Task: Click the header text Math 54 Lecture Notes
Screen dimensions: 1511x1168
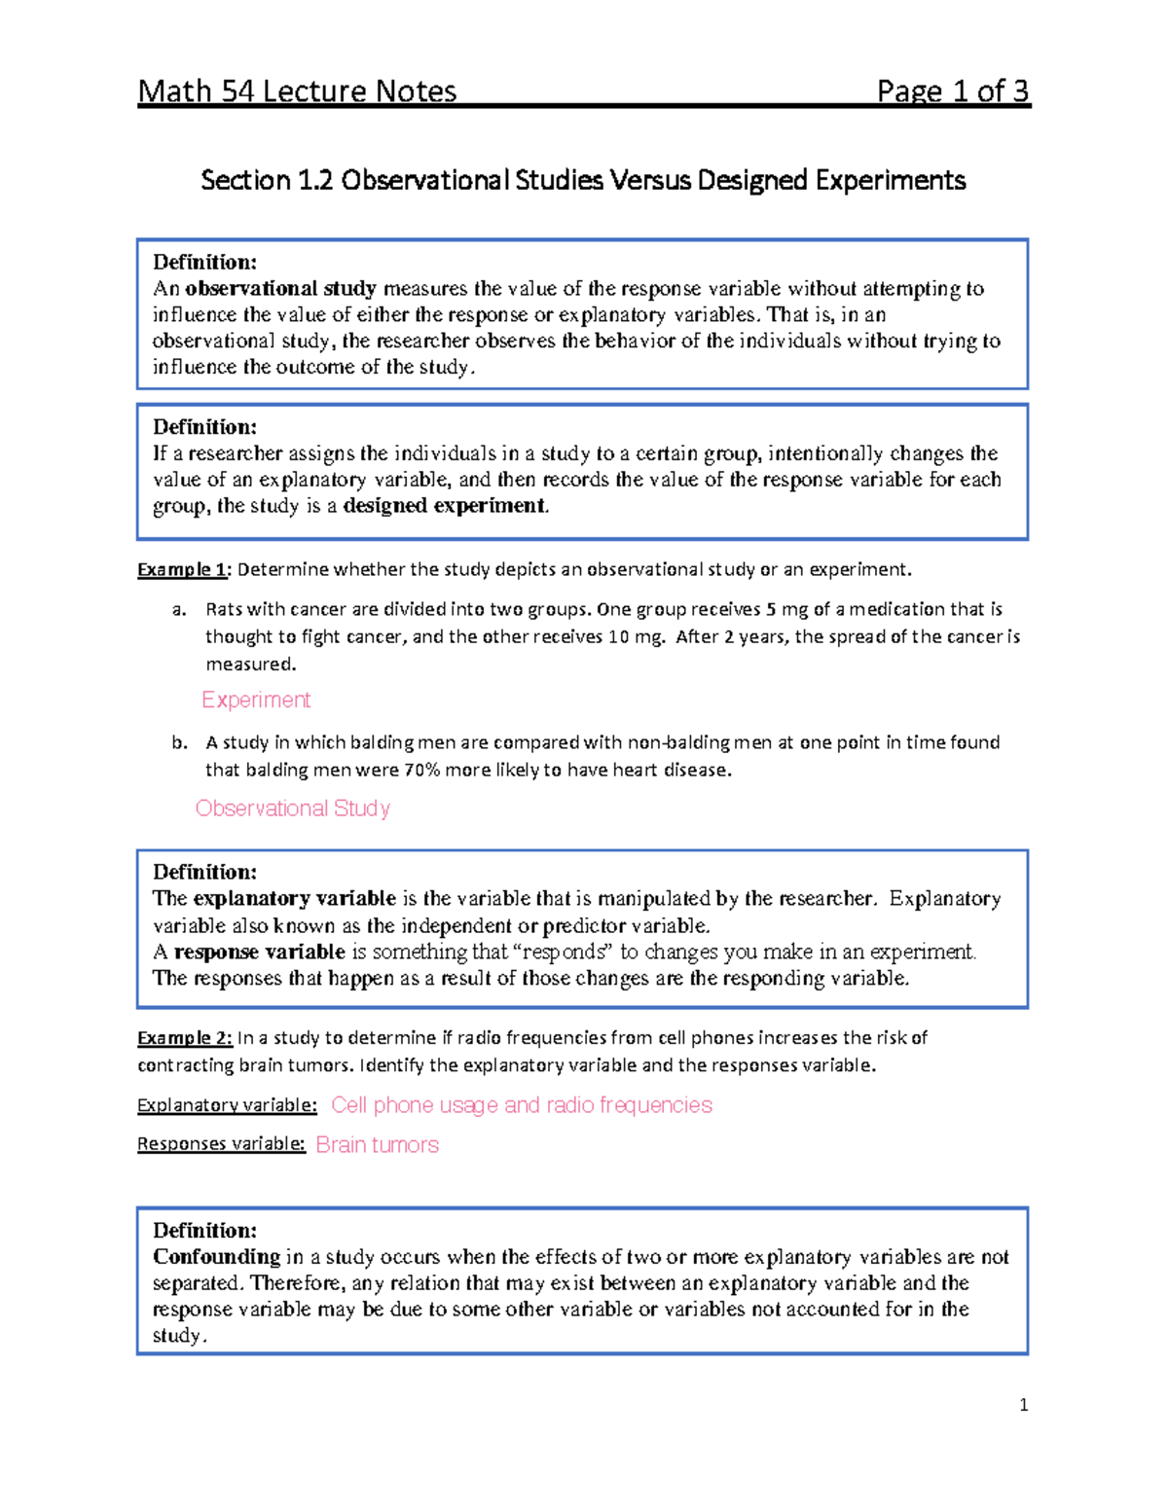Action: point(297,91)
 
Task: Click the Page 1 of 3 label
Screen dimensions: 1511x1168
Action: point(952,91)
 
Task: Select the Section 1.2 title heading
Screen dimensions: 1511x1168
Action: point(583,180)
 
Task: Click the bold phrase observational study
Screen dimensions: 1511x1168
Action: point(280,289)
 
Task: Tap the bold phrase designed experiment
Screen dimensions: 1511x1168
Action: point(445,506)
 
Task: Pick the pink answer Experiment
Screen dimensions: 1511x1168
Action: point(256,701)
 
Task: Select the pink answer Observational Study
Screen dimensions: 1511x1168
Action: point(292,809)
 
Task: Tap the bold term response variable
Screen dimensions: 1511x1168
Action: point(259,952)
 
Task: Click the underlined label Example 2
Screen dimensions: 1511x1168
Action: point(184,1038)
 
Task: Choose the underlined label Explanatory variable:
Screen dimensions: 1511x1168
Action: point(227,1105)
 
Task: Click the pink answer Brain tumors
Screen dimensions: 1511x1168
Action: point(377,1145)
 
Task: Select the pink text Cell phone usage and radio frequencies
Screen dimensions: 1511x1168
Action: point(521,1105)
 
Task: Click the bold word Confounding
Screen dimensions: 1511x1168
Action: point(216,1257)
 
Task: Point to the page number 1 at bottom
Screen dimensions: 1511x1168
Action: point(1023,1405)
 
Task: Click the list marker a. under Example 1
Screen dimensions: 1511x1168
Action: point(178,610)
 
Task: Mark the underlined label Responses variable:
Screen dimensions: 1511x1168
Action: point(221,1144)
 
